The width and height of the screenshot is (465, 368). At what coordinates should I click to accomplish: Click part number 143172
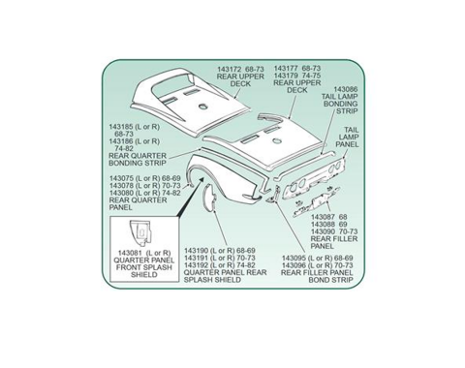pyautogui.click(x=229, y=70)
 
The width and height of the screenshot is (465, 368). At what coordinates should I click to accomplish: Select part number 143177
pyautogui.click(x=286, y=69)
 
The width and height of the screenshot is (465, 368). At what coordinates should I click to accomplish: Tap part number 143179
pyautogui.click(x=286, y=76)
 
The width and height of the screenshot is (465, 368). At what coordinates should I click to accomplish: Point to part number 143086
pyautogui.click(x=346, y=89)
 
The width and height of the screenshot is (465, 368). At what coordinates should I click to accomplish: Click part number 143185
pyautogui.click(x=121, y=127)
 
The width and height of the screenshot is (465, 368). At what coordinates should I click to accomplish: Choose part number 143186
pyautogui.click(x=121, y=141)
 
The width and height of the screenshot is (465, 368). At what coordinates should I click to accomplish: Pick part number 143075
pyautogui.click(x=121, y=178)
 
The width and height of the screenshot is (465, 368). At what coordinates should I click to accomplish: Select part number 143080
pyautogui.click(x=121, y=193)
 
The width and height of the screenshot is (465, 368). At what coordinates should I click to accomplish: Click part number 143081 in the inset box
pyautogui.click(x=130, y=253)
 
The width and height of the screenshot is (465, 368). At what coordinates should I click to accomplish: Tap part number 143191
pyautogui.click(x=196, y=258)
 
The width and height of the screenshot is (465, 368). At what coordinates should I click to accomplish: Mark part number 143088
pyautogui.click(x=323, y=225)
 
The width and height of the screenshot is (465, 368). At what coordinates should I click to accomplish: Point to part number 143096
pyautogui.click(x=294, y=265)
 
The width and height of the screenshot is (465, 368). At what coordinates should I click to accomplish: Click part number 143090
pyautogui.click(x=323, y=231)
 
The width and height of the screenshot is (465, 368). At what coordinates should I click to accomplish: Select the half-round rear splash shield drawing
pyautogui.click(x=209, y=197)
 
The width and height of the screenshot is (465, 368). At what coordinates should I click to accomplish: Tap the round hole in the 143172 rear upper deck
pyautogui.click(x=203, y=106)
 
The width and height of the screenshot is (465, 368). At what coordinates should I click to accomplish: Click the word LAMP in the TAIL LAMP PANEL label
pyautogui.click(x=349, y=138)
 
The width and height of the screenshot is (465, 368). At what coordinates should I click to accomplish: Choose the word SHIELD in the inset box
pyautogui.click(x=144, y=275)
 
